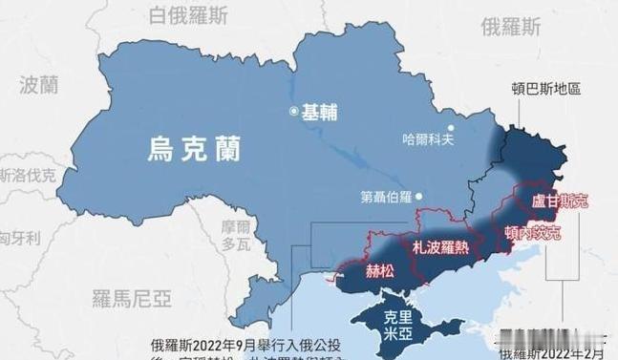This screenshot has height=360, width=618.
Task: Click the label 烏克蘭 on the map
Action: [194, 149]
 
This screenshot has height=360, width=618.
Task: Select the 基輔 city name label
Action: [319, 112]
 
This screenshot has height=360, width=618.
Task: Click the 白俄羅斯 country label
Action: [187, 14]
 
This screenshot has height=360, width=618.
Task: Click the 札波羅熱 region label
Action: [442, 245]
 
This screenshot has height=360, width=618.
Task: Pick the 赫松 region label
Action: [382, 269]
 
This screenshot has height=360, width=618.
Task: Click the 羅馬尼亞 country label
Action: [133, 300]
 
